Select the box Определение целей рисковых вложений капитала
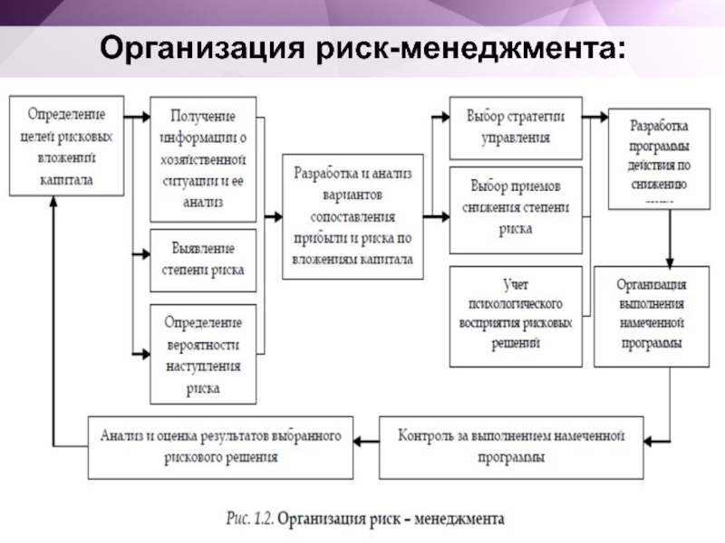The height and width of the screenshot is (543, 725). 66,148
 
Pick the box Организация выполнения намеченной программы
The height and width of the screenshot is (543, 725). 652,316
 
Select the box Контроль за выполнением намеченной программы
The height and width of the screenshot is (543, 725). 511,447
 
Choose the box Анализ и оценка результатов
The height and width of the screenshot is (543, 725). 220,447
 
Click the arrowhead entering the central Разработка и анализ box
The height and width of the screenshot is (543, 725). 275,217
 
